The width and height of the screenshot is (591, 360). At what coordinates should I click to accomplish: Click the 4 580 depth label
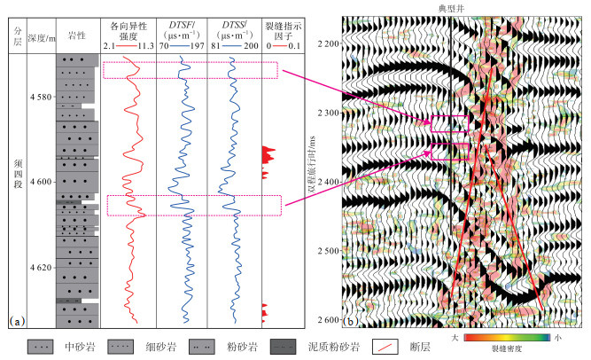pos(41,97)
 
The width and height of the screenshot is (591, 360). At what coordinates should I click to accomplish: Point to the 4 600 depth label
pos(41,182)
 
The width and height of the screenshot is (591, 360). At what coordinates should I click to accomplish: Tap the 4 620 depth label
pos(41,268)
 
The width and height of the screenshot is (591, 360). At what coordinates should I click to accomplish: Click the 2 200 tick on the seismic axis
pos(329,43)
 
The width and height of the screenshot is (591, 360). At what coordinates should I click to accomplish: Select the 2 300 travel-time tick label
pos(329,113)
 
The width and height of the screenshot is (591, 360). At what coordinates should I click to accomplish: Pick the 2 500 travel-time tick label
pos(329,251)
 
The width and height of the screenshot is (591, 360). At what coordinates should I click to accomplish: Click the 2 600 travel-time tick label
pos(329,320)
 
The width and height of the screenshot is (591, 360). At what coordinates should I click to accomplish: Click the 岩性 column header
pos(77,35)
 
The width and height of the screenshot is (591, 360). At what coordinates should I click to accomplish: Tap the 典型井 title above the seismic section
pos(451,9)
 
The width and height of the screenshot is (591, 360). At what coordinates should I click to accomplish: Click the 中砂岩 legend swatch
pos(41,347)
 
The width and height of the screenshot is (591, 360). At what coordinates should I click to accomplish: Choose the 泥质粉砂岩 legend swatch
pos(283,347)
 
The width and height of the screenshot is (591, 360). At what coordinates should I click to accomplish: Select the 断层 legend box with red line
pos(385,347)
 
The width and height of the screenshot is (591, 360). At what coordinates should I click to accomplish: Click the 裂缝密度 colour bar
pos(507,337)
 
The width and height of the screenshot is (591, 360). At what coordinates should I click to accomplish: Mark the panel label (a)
pos(18,321)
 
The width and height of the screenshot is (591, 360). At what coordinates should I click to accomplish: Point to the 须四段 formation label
pos(18,174)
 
